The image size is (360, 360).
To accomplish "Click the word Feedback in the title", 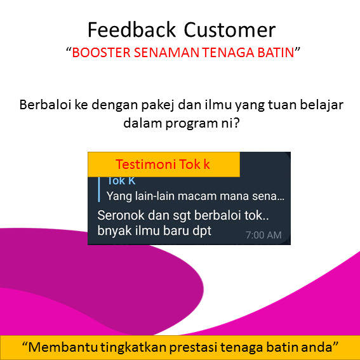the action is pos(132,30).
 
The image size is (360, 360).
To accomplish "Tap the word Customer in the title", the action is pos(230,30).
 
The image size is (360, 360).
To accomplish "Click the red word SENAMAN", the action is pos(166,52).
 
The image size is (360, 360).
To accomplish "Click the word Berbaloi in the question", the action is pos(46,105).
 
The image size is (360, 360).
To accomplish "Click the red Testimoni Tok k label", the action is pos(163,164).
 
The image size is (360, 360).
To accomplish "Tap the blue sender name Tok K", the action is pos(121,181).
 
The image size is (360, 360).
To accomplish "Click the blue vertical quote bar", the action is pos(99,189).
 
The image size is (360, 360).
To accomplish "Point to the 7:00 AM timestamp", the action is pos(263,235).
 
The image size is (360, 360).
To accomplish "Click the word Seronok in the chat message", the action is pos(121,216).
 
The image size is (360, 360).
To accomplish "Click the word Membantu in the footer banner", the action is pos(63,347).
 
